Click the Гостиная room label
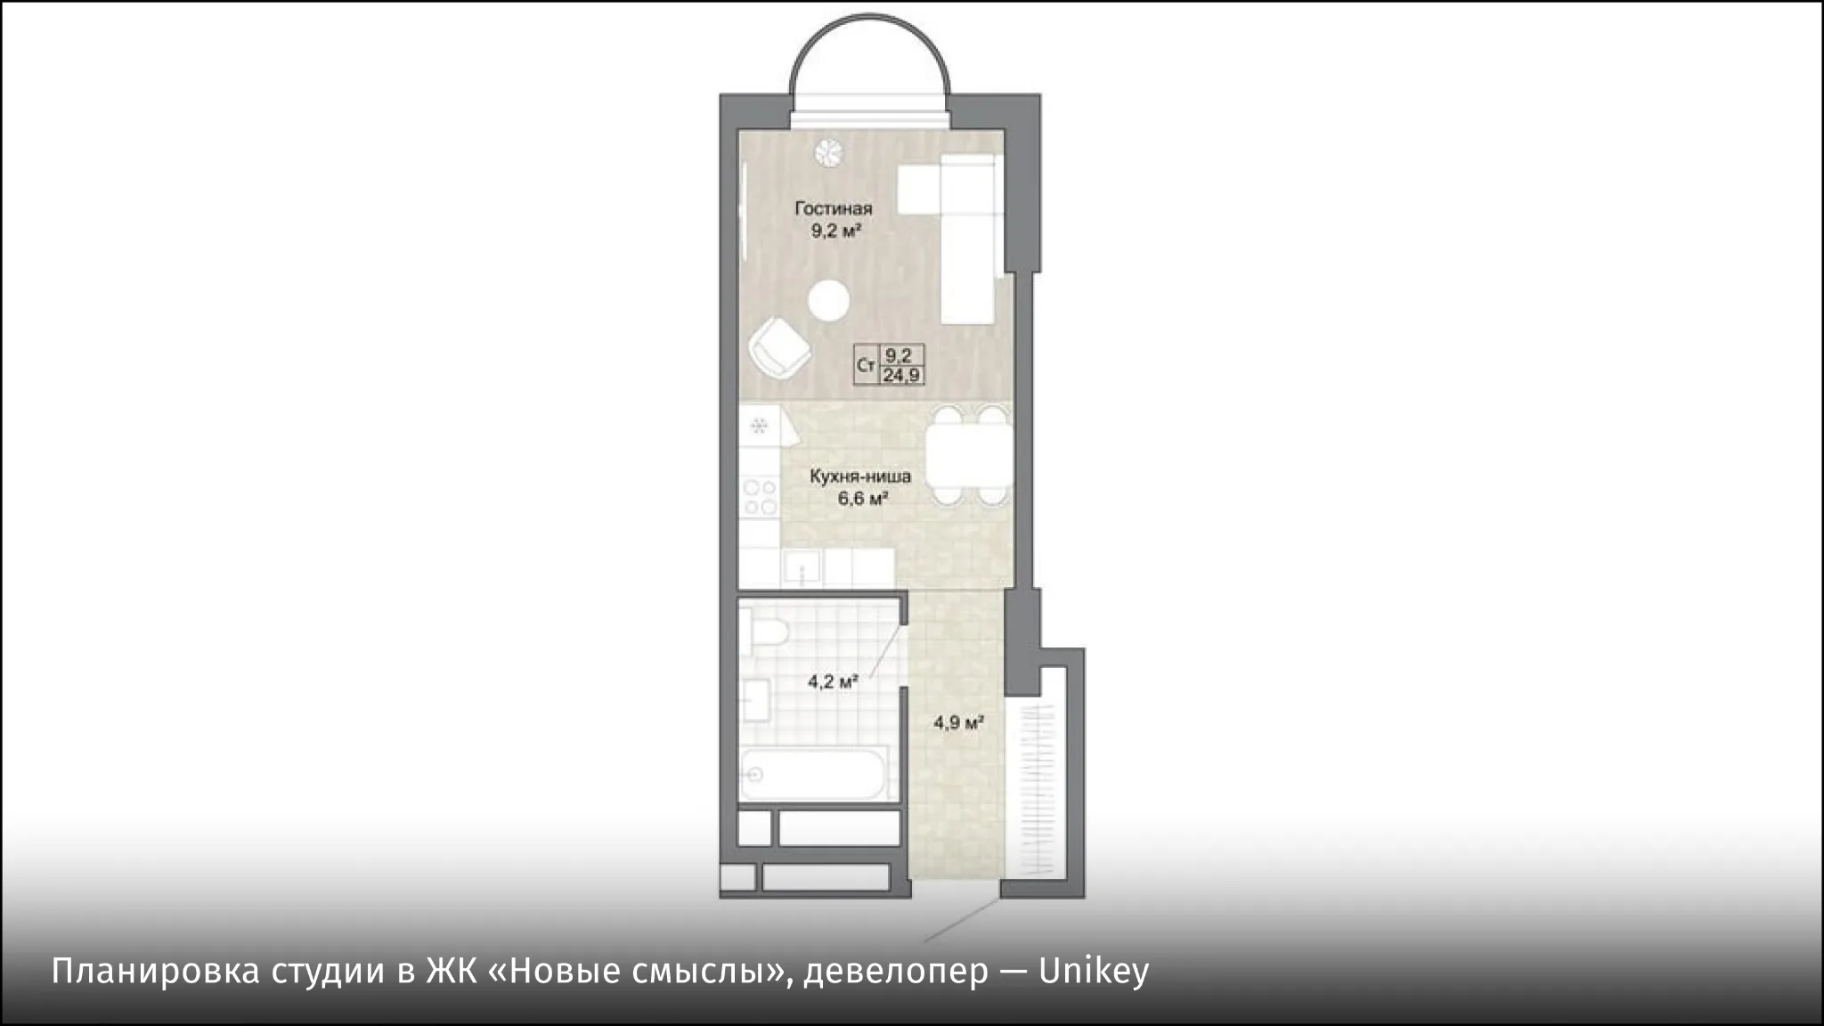pyautogui.click(x=834, y=208)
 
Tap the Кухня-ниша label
pyautogui.click(x=860, y=476)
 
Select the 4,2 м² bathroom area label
pyautogui.click(x=833, y=682)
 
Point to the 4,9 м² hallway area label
pyautogui.click(x=958, y=722)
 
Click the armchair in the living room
pyautogui.click(x=779, y=349)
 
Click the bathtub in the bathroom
pyautogui.click(x=816, y=775)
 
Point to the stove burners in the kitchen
pyautogui.click(x=761, y=497)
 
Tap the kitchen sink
pyautogui.click(x=802, y=566)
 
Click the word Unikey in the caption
pyautogui.click(x=1094, y=972)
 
